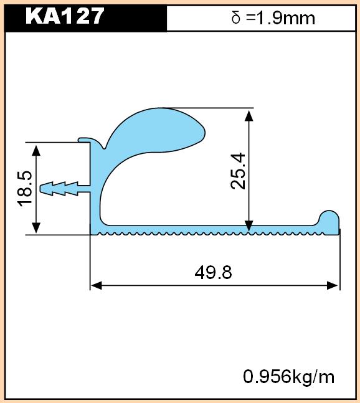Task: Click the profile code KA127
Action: [x=65, y=16]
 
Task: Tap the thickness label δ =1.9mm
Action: [x=273, y=18]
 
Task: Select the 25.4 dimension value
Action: [x=238, y=171]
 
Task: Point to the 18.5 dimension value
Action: [x=25, y=188]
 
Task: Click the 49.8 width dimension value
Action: [x=213, y=272]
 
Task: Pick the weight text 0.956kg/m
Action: [x=288, y=377]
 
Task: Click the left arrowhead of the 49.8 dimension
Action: [x=97, y=285]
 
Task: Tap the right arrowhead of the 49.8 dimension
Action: [x=332, y=285]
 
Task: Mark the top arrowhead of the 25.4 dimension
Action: [x=249, y=116]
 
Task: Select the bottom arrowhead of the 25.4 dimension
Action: [x=249, y=226]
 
